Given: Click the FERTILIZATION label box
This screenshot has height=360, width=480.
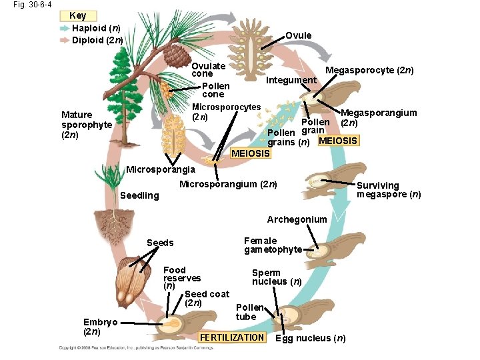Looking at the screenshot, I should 232,337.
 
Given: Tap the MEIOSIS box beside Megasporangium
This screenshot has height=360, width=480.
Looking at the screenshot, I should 338,141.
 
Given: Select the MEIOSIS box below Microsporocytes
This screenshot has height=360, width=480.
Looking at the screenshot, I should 250,154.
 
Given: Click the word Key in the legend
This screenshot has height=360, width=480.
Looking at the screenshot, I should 77,15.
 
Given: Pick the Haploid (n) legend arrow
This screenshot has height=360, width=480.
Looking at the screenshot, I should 64,29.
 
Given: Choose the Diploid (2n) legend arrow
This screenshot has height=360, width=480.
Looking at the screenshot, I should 64,40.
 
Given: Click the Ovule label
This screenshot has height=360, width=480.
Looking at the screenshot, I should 298,35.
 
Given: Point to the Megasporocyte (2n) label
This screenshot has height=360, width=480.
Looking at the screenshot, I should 369,70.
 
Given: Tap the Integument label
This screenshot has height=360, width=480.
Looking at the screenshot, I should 291,80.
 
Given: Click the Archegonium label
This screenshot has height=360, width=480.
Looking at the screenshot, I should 297,219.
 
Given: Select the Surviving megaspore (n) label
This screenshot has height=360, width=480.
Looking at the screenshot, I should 389,190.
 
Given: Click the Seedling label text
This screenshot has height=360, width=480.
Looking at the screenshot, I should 139,195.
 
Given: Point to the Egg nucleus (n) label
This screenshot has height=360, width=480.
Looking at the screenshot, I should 311,338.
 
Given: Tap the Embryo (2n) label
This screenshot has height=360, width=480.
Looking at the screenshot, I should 100,327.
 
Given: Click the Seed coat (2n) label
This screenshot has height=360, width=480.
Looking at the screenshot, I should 207,298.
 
